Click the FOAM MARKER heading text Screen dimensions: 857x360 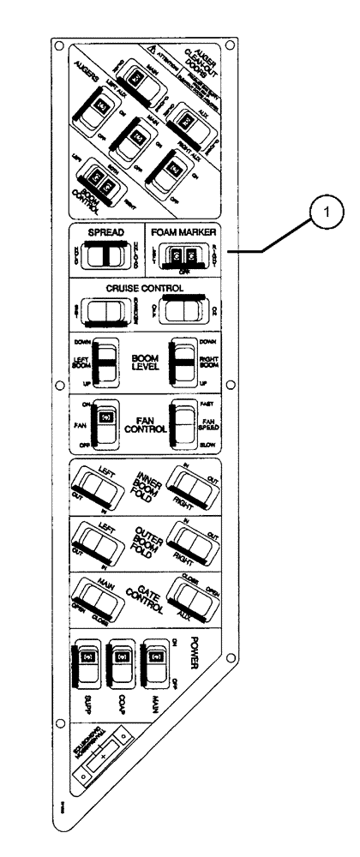coord(183,231)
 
